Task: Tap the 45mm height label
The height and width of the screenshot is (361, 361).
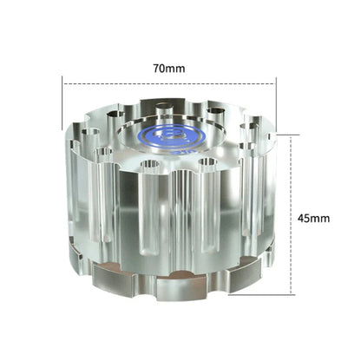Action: pos(314,218)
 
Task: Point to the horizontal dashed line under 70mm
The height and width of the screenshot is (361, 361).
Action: pos(169,83)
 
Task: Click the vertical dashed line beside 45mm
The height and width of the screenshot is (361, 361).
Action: pos(292,218)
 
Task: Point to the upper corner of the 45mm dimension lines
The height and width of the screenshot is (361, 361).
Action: pos(292,135)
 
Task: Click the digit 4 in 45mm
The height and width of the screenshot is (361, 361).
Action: pos(301,218)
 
